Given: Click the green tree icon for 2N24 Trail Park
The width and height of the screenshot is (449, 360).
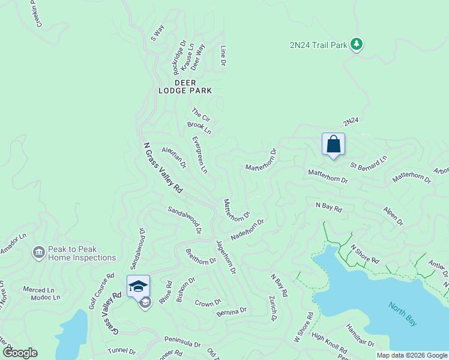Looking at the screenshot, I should (357, 44).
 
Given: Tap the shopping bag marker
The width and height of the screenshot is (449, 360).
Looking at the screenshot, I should (333, 145).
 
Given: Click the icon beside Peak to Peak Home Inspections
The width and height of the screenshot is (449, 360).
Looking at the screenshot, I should (39, 253).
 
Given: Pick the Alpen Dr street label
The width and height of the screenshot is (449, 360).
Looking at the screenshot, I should (394, 216).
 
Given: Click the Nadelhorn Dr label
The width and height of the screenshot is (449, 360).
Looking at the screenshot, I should (247, 229).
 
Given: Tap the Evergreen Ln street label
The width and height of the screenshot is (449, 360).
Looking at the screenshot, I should (199, 155).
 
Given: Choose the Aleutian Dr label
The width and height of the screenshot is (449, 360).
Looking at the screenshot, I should (174, 158).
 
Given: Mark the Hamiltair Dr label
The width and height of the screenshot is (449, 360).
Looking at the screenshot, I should (360, 336).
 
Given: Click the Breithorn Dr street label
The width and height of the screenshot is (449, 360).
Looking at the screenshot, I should (200, 257).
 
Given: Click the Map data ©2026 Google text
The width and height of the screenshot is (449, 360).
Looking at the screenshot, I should (412, 355).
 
